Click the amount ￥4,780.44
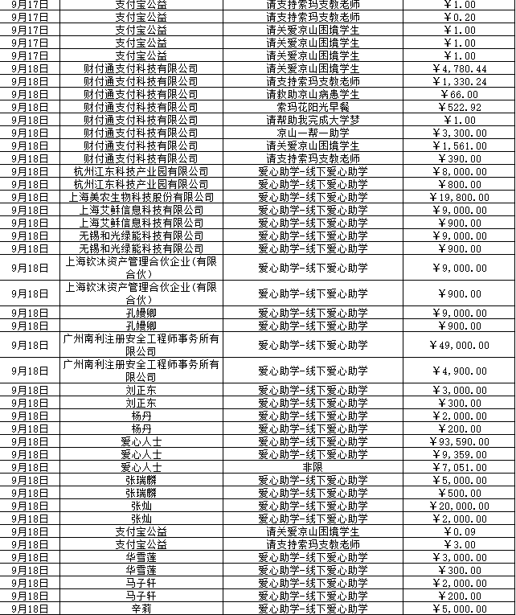pyautogui.click(x=459, y=68)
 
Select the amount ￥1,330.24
pyautogui.click(x=459, y=81)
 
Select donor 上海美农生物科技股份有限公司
pyautogui.click(x=141, y=197)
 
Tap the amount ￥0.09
pyautogui.click(x=459, y=531)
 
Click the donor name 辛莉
pyautogui.click(x=141, y=609)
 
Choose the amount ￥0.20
pyautogui.click(x=459, y=17)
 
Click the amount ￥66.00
pyautogui.click(x=459, y=94)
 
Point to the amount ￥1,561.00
pyautogui.click(x=459, y=146)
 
